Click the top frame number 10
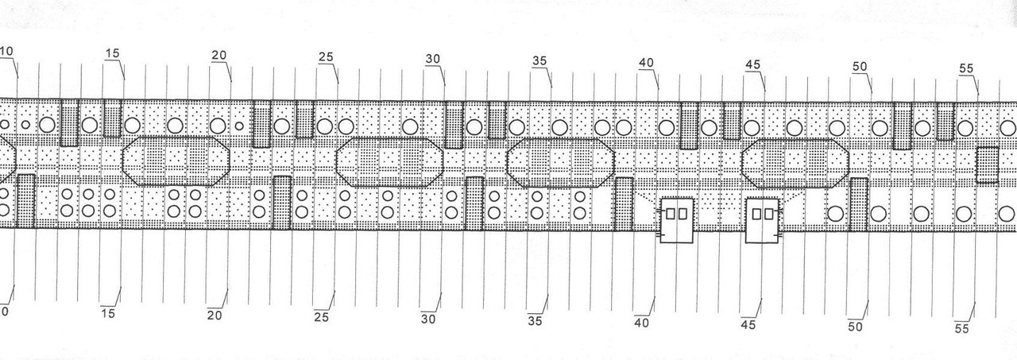click(x=6, y=52)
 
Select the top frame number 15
click(x=112, y=53)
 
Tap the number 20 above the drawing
click(x=219, y=55)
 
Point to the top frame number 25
click(x=326, y=57)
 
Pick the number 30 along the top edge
click(x=433, y=59)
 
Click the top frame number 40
click(x=646, y=63)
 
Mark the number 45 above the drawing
click(x=753, y=64)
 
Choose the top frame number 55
click(x=966, y=69)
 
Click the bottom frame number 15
click(x=108, y=314)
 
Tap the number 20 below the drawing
click(x=215, y=315)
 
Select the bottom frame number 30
click(x=428, y=319)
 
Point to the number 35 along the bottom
click(x=535, y=321)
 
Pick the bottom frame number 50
click(x=855, y=327)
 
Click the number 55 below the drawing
click(x=961, y=328)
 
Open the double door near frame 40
click(x=676, y=221)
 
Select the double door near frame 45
click(x=763, y=221)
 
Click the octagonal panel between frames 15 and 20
click(x=176, y=161)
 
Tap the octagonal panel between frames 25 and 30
click(x=389, y=161)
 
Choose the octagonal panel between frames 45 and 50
click(x=795, y=163)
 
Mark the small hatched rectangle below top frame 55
click(x=988, y=165)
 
